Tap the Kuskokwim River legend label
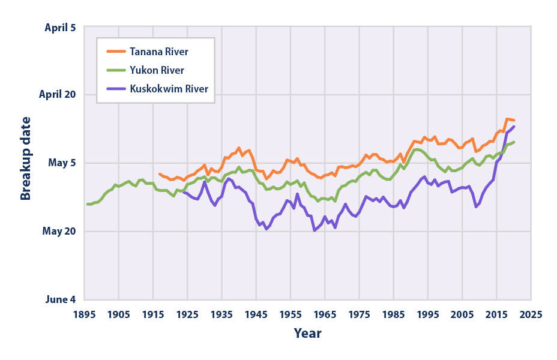169,89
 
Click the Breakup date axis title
26,163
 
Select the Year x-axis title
307,333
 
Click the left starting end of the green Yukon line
88,204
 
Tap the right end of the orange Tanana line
514,121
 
